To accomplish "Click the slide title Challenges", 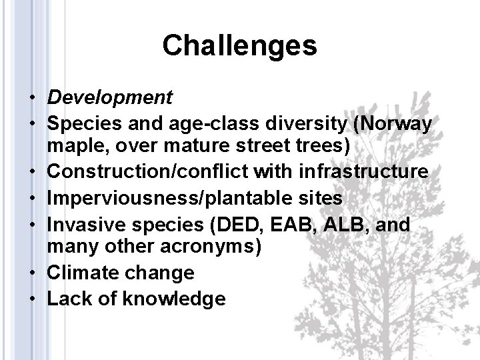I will click(x=239, y=45).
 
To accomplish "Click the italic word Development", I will click(x=110, y=98).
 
